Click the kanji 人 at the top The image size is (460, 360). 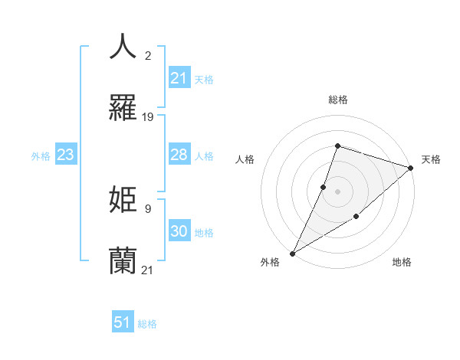click(x=123, y=47)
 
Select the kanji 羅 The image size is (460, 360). click(x=123, y=108)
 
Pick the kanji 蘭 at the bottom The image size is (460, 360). click(x=123, y=260)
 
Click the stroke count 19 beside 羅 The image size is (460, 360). click(x=148, y=117)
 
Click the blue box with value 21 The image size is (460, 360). click(x=179, y=78)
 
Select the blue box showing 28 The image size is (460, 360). click(x=179, y=155)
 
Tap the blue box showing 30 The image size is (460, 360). click(x=179, y=231)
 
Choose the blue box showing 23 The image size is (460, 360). click(x=66, y=155)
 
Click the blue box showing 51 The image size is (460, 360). click(x=123, y=322)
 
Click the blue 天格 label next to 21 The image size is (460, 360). click(x=204, y=80)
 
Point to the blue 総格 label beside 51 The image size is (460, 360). click(x=147, y=324)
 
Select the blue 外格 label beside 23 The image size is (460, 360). click(x=41, y=156)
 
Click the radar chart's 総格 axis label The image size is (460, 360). click(x=338, y=100)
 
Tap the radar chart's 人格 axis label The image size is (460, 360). click(x=245, y=159)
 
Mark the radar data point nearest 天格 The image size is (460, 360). click(x=411, y=168)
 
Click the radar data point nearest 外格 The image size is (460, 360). click(x=292, y=254)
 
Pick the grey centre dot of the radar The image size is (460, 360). click(x=338, y=191)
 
